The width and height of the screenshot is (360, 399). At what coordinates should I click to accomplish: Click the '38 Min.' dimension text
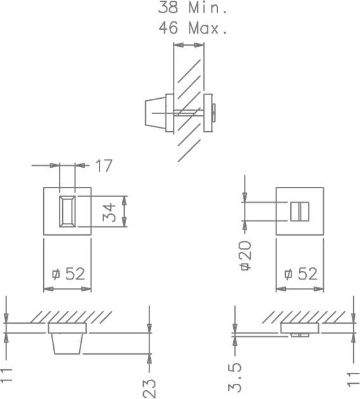click(192, 7)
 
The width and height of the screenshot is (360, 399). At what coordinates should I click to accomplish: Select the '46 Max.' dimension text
click(193, 27)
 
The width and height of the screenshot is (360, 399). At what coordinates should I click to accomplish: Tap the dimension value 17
click(103, 166)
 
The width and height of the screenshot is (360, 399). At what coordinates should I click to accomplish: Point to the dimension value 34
click(109, 212)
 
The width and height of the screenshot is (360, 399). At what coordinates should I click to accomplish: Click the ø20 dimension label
click(246, 255)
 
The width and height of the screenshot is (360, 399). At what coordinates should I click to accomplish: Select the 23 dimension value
click(149, 388)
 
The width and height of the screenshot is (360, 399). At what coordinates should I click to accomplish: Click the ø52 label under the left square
click(68, 274)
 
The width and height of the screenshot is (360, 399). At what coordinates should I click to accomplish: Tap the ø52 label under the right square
click(301, 274)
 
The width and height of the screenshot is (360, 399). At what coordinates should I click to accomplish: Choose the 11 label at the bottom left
click(6, 375)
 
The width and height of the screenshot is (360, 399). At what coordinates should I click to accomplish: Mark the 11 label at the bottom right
click(354, 379)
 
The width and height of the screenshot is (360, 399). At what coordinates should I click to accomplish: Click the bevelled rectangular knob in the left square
click(67, 211)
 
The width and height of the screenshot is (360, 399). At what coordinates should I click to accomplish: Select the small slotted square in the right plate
click(300, 212)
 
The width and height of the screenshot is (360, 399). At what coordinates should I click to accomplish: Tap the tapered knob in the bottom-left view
click(67, 343)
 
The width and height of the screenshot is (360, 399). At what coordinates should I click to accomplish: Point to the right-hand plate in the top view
click(208, 113)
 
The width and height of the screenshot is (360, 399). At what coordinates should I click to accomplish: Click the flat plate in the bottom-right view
click(300, 328)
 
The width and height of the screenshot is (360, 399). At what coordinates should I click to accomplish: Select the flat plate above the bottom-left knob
click(67, 328)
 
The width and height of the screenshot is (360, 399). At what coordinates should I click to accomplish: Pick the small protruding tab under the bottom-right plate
click(300, 335)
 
